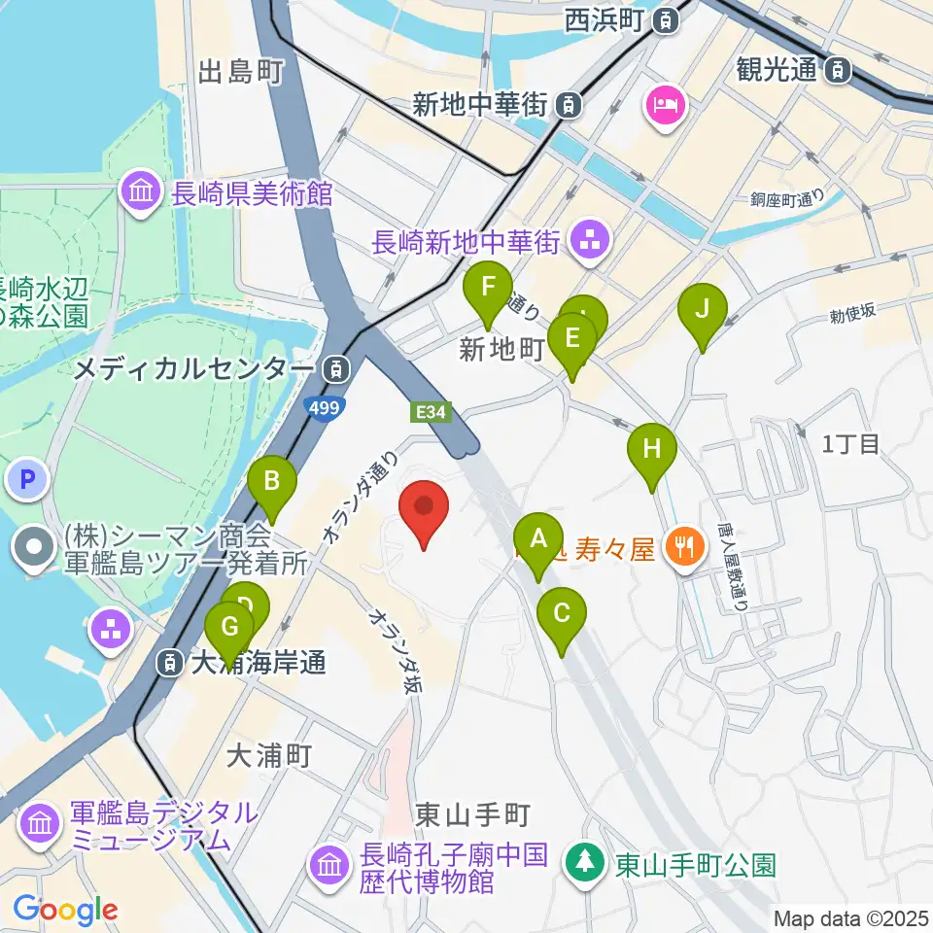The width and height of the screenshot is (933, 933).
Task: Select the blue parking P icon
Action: tap(27, 479)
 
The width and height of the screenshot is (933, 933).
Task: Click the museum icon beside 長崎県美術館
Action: tap(142, 190)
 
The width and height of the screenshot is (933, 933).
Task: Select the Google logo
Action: tap(65, 909)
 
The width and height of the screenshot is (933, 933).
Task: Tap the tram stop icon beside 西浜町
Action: tap(666, 18)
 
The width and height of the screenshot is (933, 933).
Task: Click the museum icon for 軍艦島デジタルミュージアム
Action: tap(41, 824)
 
